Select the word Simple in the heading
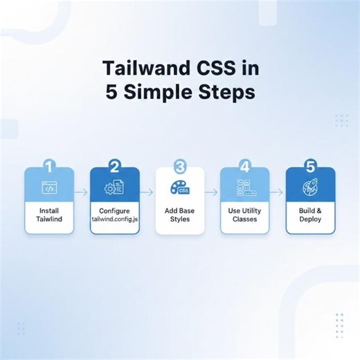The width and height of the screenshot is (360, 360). pos(163,93)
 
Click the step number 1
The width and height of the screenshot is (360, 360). pos(48,167)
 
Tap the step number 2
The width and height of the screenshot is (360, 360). pos(114,167)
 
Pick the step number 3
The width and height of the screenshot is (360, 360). pos(180,167)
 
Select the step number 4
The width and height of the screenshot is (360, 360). pos(244,167)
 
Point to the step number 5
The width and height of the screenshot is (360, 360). pos(310,167)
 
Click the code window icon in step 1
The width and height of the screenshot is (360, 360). pos(48,188)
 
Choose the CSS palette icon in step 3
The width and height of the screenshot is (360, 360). pos(179,187)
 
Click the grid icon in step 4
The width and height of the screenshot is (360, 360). pos(244,188)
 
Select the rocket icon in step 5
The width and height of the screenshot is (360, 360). pos(309,188)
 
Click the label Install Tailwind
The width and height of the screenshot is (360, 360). pos(48,214)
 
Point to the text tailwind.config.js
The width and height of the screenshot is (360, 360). pos(114,219)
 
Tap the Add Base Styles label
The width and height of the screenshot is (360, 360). pos(180,214)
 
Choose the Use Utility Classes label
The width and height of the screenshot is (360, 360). pos(244,214)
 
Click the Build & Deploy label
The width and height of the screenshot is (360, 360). pos(310,214)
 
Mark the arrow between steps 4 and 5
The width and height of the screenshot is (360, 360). pos(277,192)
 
